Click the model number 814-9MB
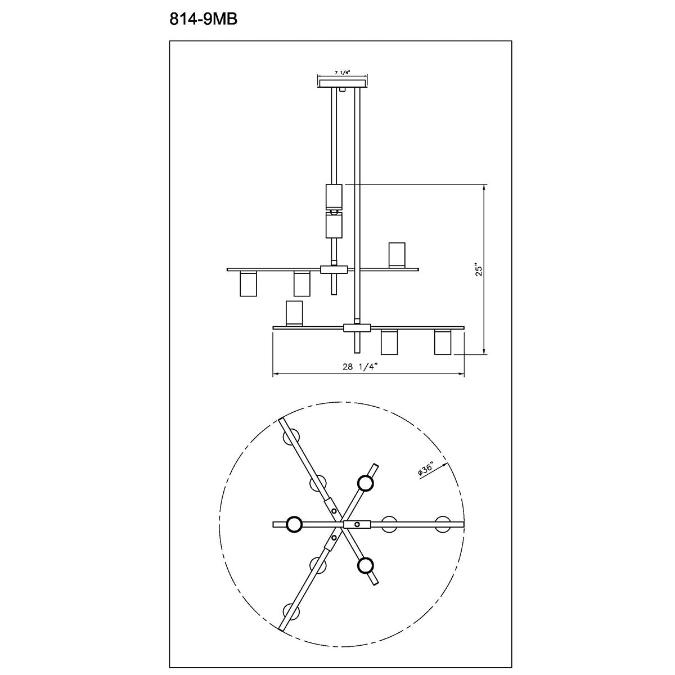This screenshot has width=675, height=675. [x=204, y=20]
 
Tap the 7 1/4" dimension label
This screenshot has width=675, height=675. [x=342, y=73]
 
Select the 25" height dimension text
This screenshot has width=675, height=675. [x=479, y=269]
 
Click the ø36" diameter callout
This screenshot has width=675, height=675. [x=426, y=470]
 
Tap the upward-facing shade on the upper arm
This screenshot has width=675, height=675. [x=397, y=254]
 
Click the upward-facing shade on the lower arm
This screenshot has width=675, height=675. [x=294, y=313]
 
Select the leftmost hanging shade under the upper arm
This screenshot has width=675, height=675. [x=247, y=284]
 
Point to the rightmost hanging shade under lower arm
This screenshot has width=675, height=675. [x=443, y=343]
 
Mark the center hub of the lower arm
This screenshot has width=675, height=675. [x=357, y=327]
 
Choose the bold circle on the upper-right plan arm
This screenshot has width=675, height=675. [x=366, y=483]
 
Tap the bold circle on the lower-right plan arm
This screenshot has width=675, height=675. [x=366, y=565]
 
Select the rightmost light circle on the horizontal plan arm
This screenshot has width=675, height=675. [x=443, y=524]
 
